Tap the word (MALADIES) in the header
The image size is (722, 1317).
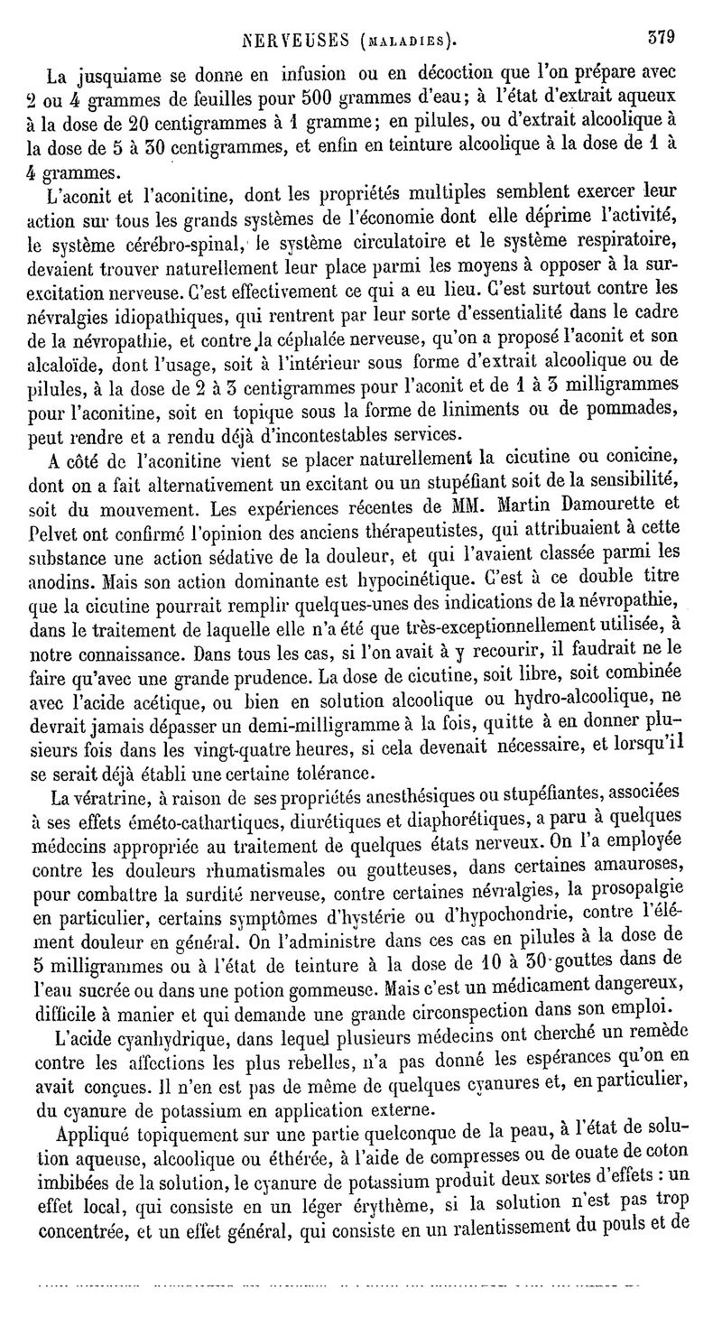[405, 41]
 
